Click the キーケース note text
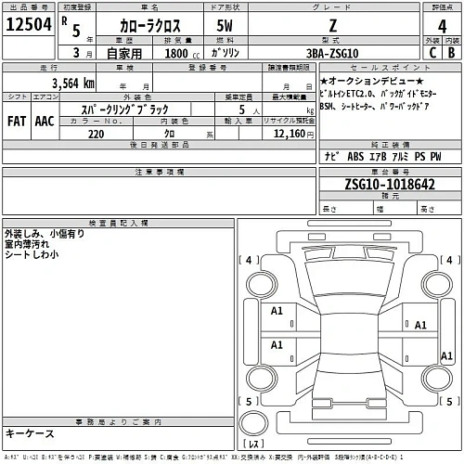coord(30,433)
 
